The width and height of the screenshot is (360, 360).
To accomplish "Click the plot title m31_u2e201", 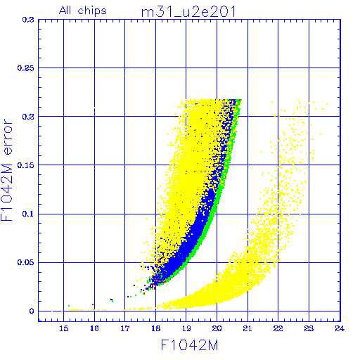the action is click(188, 12).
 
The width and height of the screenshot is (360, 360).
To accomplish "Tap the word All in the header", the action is click(65, 10).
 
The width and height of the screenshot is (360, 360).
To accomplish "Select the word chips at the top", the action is click(92, 11).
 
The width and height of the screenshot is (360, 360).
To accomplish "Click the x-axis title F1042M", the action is click(189, 345).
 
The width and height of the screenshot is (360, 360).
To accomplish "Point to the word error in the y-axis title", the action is click(7, 136).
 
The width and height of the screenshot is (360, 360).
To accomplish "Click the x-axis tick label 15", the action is click(64, 328).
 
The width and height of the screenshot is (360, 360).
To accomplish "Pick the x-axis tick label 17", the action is click(125, 328).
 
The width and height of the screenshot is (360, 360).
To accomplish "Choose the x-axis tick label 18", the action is click(155, 328).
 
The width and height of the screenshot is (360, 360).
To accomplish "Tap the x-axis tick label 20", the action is click(217, 328).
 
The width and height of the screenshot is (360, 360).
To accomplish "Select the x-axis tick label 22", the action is click(278, 328).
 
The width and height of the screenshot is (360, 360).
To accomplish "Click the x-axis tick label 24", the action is click(340, 328).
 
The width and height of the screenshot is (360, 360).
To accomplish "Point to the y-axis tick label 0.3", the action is click(28, 20).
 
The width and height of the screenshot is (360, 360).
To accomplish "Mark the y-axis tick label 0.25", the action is click(26, 68).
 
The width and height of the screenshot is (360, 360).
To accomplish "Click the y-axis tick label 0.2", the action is click(28, 117).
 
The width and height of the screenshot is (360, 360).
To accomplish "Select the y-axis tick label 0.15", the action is click(26, 165).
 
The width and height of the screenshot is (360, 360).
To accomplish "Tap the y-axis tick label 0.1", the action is click(28, 214).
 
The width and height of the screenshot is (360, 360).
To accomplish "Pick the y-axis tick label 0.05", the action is click(26, 262).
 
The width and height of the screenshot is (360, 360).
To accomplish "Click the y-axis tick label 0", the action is click(32, 311).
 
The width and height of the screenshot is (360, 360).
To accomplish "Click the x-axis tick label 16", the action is click(94, 328).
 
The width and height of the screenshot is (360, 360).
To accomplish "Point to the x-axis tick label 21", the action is click(247, 328).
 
